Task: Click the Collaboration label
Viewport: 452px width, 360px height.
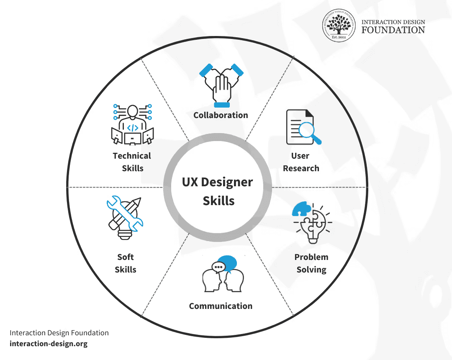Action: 221,115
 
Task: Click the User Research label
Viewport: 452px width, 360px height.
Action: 301,162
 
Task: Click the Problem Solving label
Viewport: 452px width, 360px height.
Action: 311,263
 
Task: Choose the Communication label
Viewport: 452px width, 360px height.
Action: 221,306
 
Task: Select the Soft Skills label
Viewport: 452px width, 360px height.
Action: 126,263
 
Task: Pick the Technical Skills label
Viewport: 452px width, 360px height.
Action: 132,162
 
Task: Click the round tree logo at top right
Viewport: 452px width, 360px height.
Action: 339,26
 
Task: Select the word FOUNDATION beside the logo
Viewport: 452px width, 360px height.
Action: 393,30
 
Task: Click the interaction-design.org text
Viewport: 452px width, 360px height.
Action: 49,344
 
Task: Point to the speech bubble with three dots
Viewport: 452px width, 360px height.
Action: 218,267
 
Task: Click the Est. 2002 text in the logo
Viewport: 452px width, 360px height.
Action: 339,38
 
